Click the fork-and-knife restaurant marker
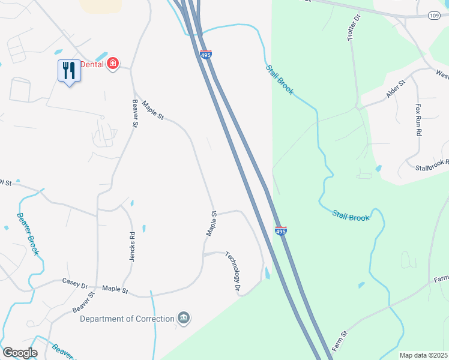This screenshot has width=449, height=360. tap(70, 71)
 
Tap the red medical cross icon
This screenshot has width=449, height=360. tap(112, 64)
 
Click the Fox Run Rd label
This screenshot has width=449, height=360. tap(419, 119)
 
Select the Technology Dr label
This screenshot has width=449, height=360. tap(233, 272)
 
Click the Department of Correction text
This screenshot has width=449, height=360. tap(127, 319)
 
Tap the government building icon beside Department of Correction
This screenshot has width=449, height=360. tap(184, 318)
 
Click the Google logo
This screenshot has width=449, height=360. tap(20, 353)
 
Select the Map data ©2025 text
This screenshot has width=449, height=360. tap(423, 355)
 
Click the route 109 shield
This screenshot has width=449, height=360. tap(435, 15)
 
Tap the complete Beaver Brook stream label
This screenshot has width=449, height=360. tap(28, 234)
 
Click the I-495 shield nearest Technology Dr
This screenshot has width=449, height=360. tap(280, 230)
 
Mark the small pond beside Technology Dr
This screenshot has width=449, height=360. tap(267, 273)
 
